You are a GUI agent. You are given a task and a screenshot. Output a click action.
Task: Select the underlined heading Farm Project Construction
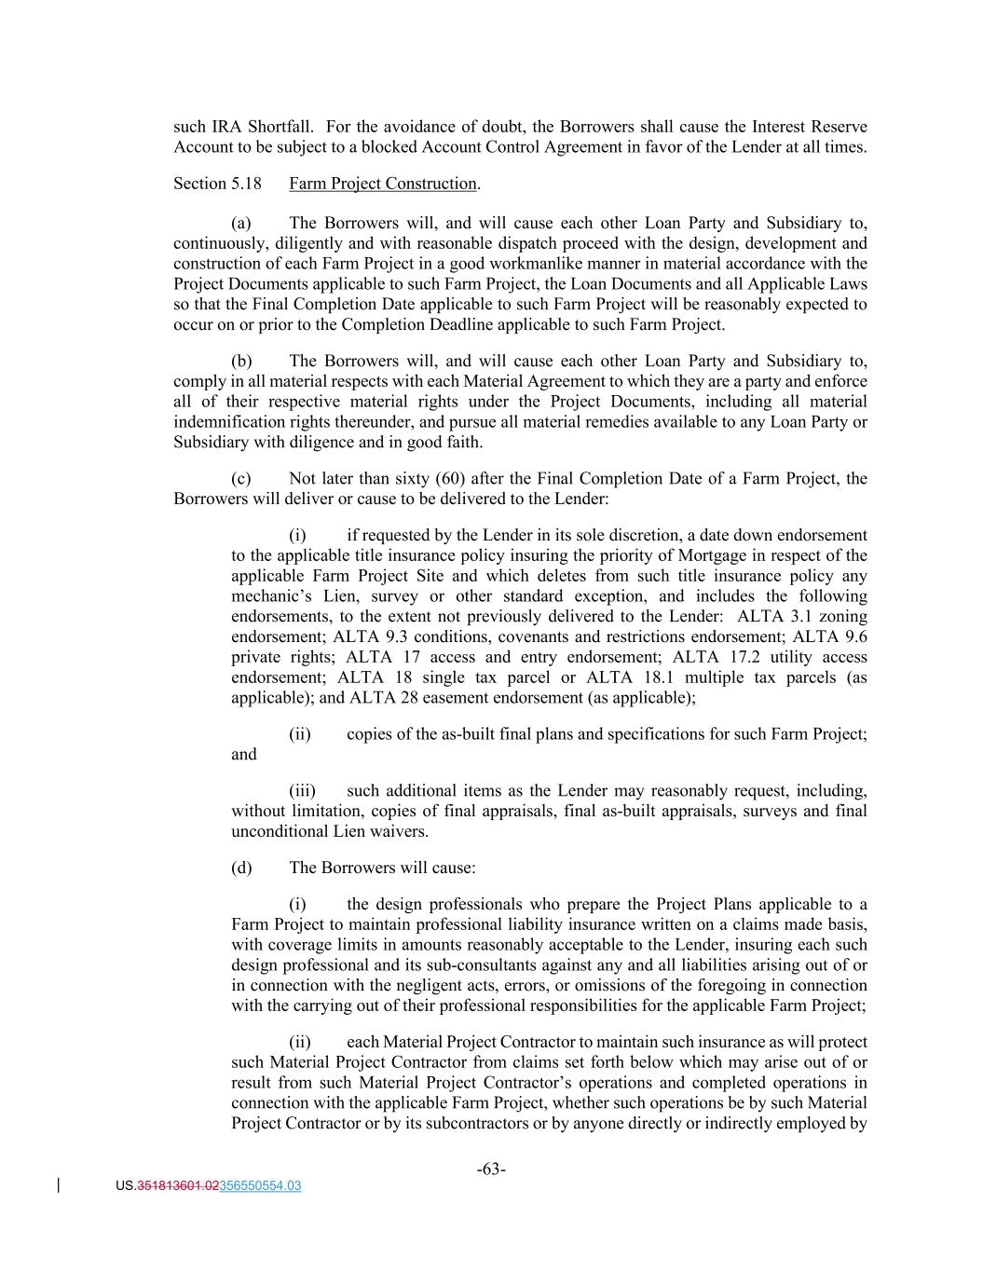coord(382,184)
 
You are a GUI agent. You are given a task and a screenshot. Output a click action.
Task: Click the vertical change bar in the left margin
coord(60,1185)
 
